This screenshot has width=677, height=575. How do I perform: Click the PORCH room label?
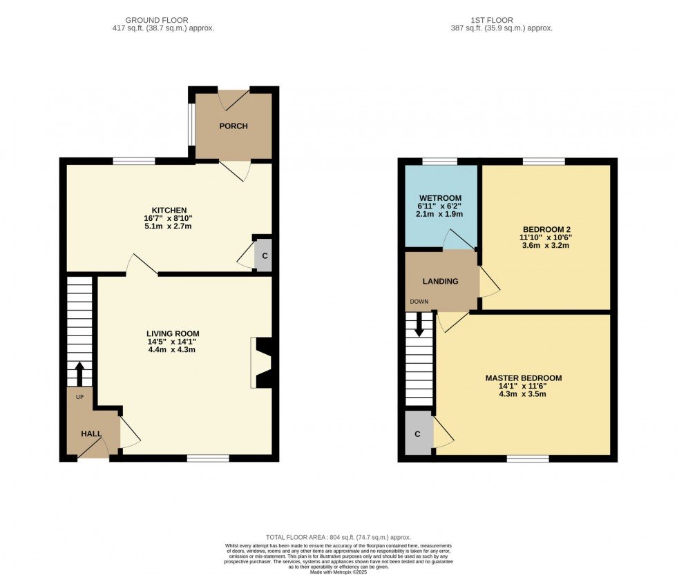pyautogui.click(x=233, y=126)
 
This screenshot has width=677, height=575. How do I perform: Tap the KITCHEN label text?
pyautogui.click(x=169, y=210)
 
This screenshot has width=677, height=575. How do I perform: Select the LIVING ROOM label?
pyautogui.click(x=173, y=334)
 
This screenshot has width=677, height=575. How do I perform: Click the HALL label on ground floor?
pyautogui.click(x=91, y=434)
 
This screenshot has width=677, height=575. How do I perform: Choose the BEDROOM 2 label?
pyautogui.click(x=546, y=229)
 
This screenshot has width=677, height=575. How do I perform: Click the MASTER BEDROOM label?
pyautogui.click(x=523, y=378)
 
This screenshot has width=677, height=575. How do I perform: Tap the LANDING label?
pyautogui.click(x=440, y=282)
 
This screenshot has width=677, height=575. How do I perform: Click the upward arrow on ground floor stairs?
pyautogui.click(x=79, y=373)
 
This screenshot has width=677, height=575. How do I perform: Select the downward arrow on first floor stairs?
pyautogui.click(x=419, y=325)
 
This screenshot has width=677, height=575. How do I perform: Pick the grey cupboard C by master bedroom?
pyautogui.click(x=417, y=434)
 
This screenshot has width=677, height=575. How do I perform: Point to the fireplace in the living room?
pyautogui.click(x=262, y=362)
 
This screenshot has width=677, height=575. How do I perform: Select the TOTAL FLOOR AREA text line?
pyautogui.click(x=338, y=537)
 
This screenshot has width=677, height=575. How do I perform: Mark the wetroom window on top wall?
pyautogui.click(x=439, y=162)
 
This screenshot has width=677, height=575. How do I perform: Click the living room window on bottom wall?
pyautogui.click(x=208, y=458)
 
